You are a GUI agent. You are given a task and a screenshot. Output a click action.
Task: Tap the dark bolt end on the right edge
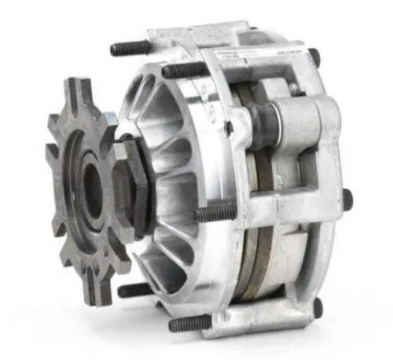(347, 200)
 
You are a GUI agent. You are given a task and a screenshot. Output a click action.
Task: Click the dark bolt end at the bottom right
(318, 307)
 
